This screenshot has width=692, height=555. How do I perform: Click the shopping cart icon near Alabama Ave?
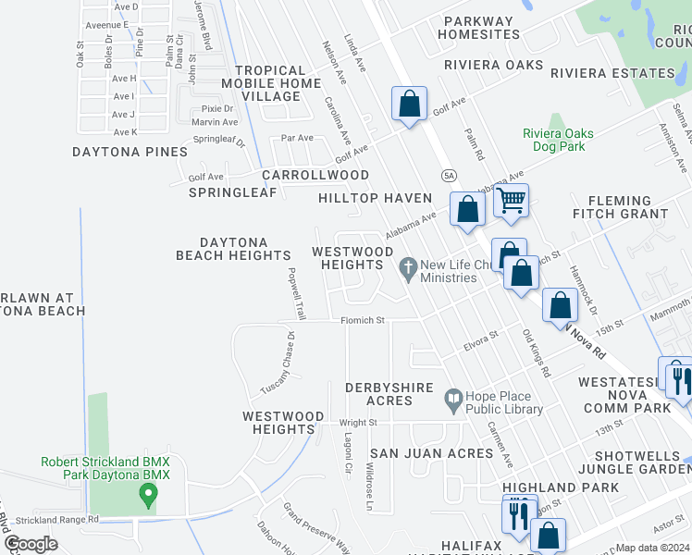coord(511,200)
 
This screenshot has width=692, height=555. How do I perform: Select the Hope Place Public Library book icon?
coord(452,400)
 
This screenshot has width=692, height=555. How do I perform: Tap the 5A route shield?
coord(449,174)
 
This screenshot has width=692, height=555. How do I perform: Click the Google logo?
coord(31,543)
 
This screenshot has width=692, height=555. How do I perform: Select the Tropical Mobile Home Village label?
coord(270,83)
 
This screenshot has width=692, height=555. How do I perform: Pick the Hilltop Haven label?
coord(375,198)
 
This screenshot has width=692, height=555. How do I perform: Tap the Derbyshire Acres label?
coord(389,393)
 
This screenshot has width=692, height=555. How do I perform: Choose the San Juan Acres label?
coord(431,453)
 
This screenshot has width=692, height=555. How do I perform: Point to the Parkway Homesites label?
coord(480,28)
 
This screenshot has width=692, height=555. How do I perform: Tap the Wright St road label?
coord(360,423)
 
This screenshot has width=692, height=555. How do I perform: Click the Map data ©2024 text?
coord(653,548)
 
